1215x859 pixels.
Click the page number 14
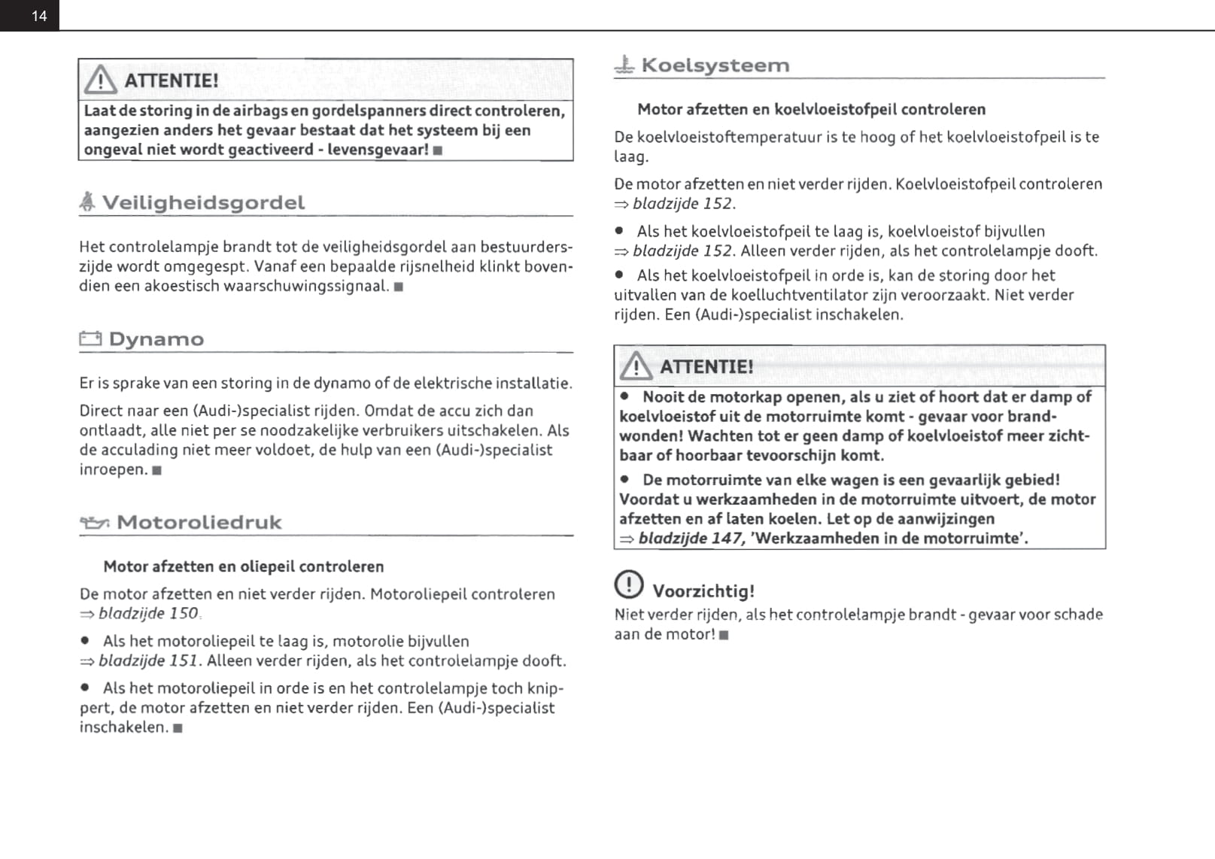coord(39,16)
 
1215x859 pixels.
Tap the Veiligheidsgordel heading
coord(203,202)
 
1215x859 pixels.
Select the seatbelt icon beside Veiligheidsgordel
coord(88,202)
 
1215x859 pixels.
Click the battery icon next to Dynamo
coord(90,339)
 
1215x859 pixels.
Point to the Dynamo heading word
coord(156,339)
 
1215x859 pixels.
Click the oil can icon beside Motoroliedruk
coord(95,522)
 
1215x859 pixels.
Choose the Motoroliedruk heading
coord(199,522)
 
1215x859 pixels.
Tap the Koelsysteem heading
coord(715,65)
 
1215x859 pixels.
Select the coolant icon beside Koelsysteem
coord(624,65)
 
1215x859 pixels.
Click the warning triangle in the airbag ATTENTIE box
coord(100,79)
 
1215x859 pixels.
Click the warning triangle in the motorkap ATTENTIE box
coord(636,366)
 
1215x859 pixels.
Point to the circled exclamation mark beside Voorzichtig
coord(629,584)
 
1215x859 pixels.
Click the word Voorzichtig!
coord(703,591)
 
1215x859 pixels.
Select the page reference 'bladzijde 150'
coord(148,613)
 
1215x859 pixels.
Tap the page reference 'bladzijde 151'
coord(148,660)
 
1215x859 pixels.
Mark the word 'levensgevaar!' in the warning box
coord(378,149)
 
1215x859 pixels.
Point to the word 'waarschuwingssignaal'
coord(306,286)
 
